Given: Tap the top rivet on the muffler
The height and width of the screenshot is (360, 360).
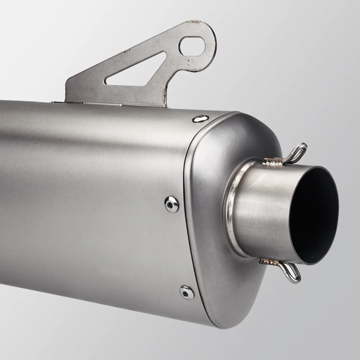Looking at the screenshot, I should coord(200,118).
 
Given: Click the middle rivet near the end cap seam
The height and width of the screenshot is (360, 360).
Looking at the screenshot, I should coord(171,204).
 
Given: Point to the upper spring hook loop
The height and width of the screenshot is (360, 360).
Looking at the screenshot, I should coord(298,151).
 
